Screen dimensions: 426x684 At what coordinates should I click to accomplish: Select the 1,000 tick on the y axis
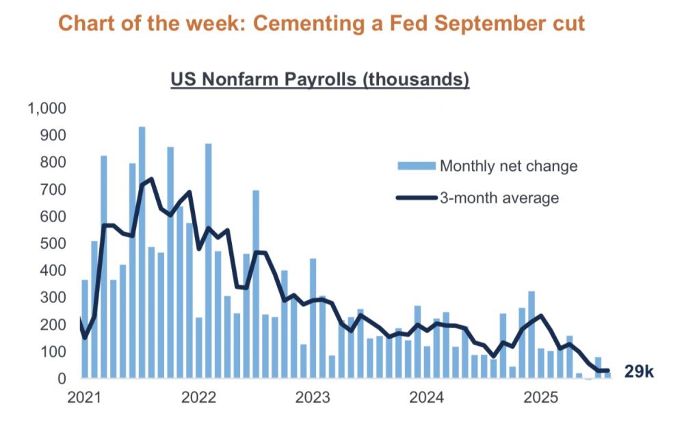[46, 108]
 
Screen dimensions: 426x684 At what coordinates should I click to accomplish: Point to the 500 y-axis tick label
[53, 243]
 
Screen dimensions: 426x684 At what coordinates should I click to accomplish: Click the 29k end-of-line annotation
[639, 372]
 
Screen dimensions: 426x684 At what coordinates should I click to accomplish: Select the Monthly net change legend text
[509, 165]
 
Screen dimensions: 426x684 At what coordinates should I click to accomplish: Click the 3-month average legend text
[500, 198]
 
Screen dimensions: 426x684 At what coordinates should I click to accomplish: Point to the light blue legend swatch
[416, 165]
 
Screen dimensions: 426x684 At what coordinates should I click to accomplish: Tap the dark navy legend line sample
[416, 198]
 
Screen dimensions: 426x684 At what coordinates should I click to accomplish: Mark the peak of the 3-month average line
[150, 179]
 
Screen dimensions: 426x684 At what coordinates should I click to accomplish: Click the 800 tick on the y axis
[53, 162]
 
